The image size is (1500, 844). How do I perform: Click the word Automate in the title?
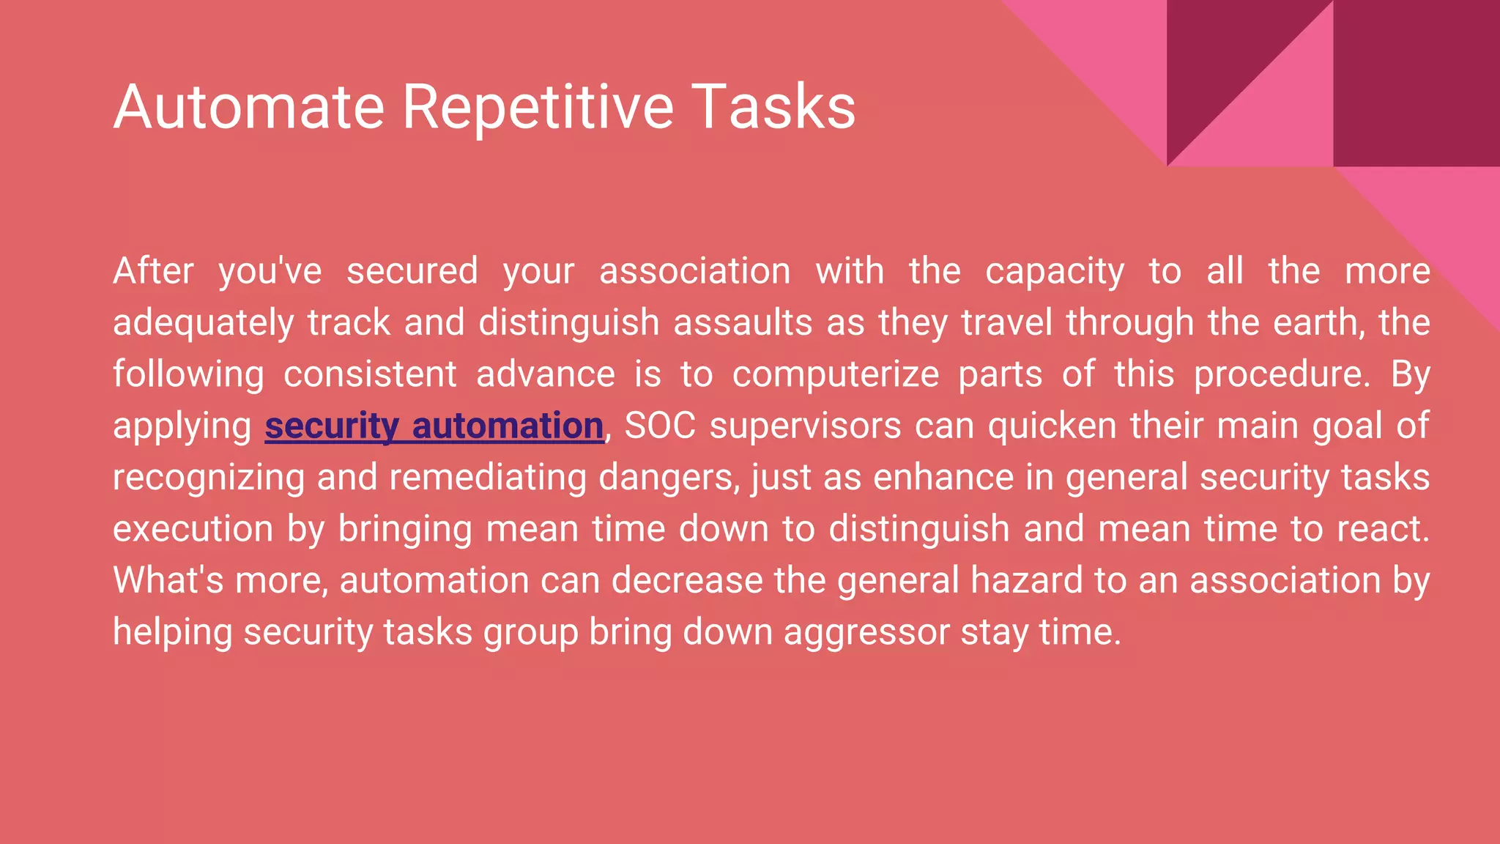[249, 107]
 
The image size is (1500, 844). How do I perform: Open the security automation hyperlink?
[434, 426]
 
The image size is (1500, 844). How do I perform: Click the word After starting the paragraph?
[153, 271]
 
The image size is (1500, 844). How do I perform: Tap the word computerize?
[835, 374]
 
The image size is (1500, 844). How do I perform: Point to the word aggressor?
[866, 632]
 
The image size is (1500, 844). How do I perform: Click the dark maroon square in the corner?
[1416, 82]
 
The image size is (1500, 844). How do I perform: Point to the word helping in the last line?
[172, 632]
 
